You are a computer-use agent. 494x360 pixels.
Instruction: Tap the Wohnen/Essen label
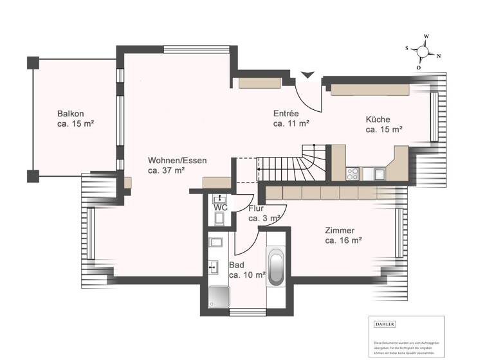click(177, 160)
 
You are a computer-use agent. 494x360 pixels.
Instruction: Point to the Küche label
click(378, 119)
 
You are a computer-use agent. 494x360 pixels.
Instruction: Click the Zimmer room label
click(340, 230)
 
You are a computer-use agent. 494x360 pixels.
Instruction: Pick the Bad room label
click(236, 264)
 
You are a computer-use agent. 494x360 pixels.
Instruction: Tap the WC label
click(220, 208)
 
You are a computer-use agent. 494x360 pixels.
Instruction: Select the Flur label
click(256, 208)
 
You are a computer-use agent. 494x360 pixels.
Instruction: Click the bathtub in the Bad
click(276, 269)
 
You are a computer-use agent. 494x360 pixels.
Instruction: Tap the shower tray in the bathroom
click(219, 297)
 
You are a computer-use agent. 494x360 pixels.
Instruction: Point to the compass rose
click(423, 51)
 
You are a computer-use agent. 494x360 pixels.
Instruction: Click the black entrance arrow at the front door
click(308, 75)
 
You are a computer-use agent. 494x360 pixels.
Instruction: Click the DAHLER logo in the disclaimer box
click(385, 325)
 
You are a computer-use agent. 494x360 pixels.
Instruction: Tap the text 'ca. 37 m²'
click(167, 171)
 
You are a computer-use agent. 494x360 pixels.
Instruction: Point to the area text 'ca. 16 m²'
click(343, 240)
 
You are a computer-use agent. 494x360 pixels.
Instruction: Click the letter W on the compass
click(426, 37)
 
